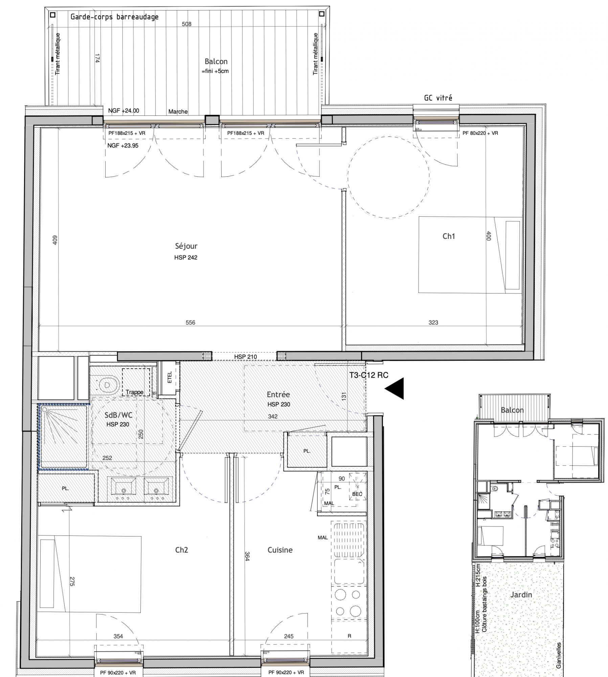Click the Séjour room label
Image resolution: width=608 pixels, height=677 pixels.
click(186, 246)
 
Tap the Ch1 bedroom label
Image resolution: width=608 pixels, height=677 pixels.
click(449, 236)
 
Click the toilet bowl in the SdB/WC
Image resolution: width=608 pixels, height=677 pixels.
click(107, 385)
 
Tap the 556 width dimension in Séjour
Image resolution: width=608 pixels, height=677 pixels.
click(190, 323)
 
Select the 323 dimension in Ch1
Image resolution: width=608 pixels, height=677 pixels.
click(433, 323)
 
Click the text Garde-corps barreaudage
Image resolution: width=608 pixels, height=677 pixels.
click(114, 17)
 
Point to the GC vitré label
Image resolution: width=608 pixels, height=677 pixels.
click(438, 98)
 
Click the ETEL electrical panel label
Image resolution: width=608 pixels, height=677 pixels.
click(170, 377)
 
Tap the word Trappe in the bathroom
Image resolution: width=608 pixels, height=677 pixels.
click(134, 392)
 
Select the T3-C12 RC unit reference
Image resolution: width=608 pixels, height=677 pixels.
click(369, 375)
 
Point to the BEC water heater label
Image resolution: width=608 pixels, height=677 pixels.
click(357, 494)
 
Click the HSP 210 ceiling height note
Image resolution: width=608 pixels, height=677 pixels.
click(245, 356)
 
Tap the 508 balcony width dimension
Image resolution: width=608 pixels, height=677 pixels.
click(186, 24)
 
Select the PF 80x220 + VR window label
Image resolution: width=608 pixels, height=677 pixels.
click(480, 133)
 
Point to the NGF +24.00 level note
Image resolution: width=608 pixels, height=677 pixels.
click(123, 111)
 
